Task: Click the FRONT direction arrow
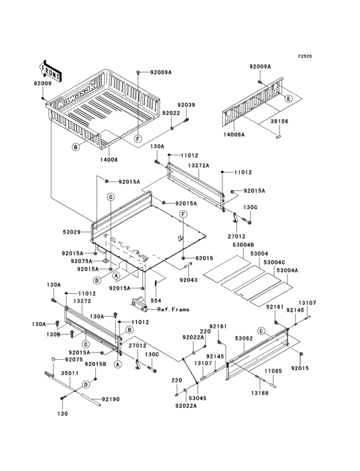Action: (50, 71)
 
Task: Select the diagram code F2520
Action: (305, 56)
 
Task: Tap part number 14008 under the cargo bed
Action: (109, 160)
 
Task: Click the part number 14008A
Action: (234, 134)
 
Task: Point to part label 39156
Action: (279, 122)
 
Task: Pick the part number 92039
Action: (186, 105)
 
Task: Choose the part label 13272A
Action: (199, 165)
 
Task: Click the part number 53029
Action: (72, 232)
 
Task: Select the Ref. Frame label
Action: (174, 309)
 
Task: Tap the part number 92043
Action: (188, 280)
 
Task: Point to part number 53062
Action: (244, 338)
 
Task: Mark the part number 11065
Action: (273, 371)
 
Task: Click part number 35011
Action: (70, 373)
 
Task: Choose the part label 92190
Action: (111, 399)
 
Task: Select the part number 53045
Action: (198, 398)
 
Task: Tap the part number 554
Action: (156, 300)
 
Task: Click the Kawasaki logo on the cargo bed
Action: (77, 94)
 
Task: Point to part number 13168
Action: (260, 393)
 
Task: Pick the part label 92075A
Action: (82, 261)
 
